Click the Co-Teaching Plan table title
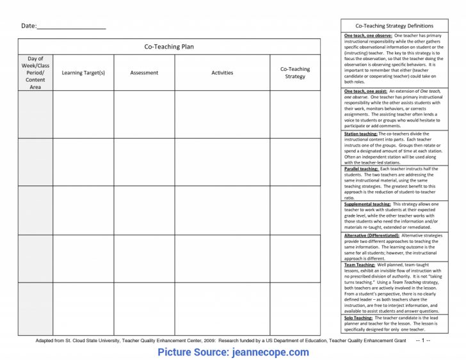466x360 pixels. coord(169,47)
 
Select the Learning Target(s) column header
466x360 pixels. coord(83,73)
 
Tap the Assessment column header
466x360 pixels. coord(144,73)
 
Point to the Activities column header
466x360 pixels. coord(222,73)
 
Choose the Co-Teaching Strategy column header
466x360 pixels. coord(295,73)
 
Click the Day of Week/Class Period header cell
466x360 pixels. coord(35,72)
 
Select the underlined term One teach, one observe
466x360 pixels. coord(367,36)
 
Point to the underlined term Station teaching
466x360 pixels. coord(360,134)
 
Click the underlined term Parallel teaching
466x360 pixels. coord(361,169)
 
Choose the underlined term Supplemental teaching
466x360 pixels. coord(367,204)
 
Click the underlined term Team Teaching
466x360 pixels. coord(359,265)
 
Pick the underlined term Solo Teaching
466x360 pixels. coord(358,318)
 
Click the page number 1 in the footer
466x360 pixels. coord(423,340)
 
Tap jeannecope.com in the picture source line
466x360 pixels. coord(270,352)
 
